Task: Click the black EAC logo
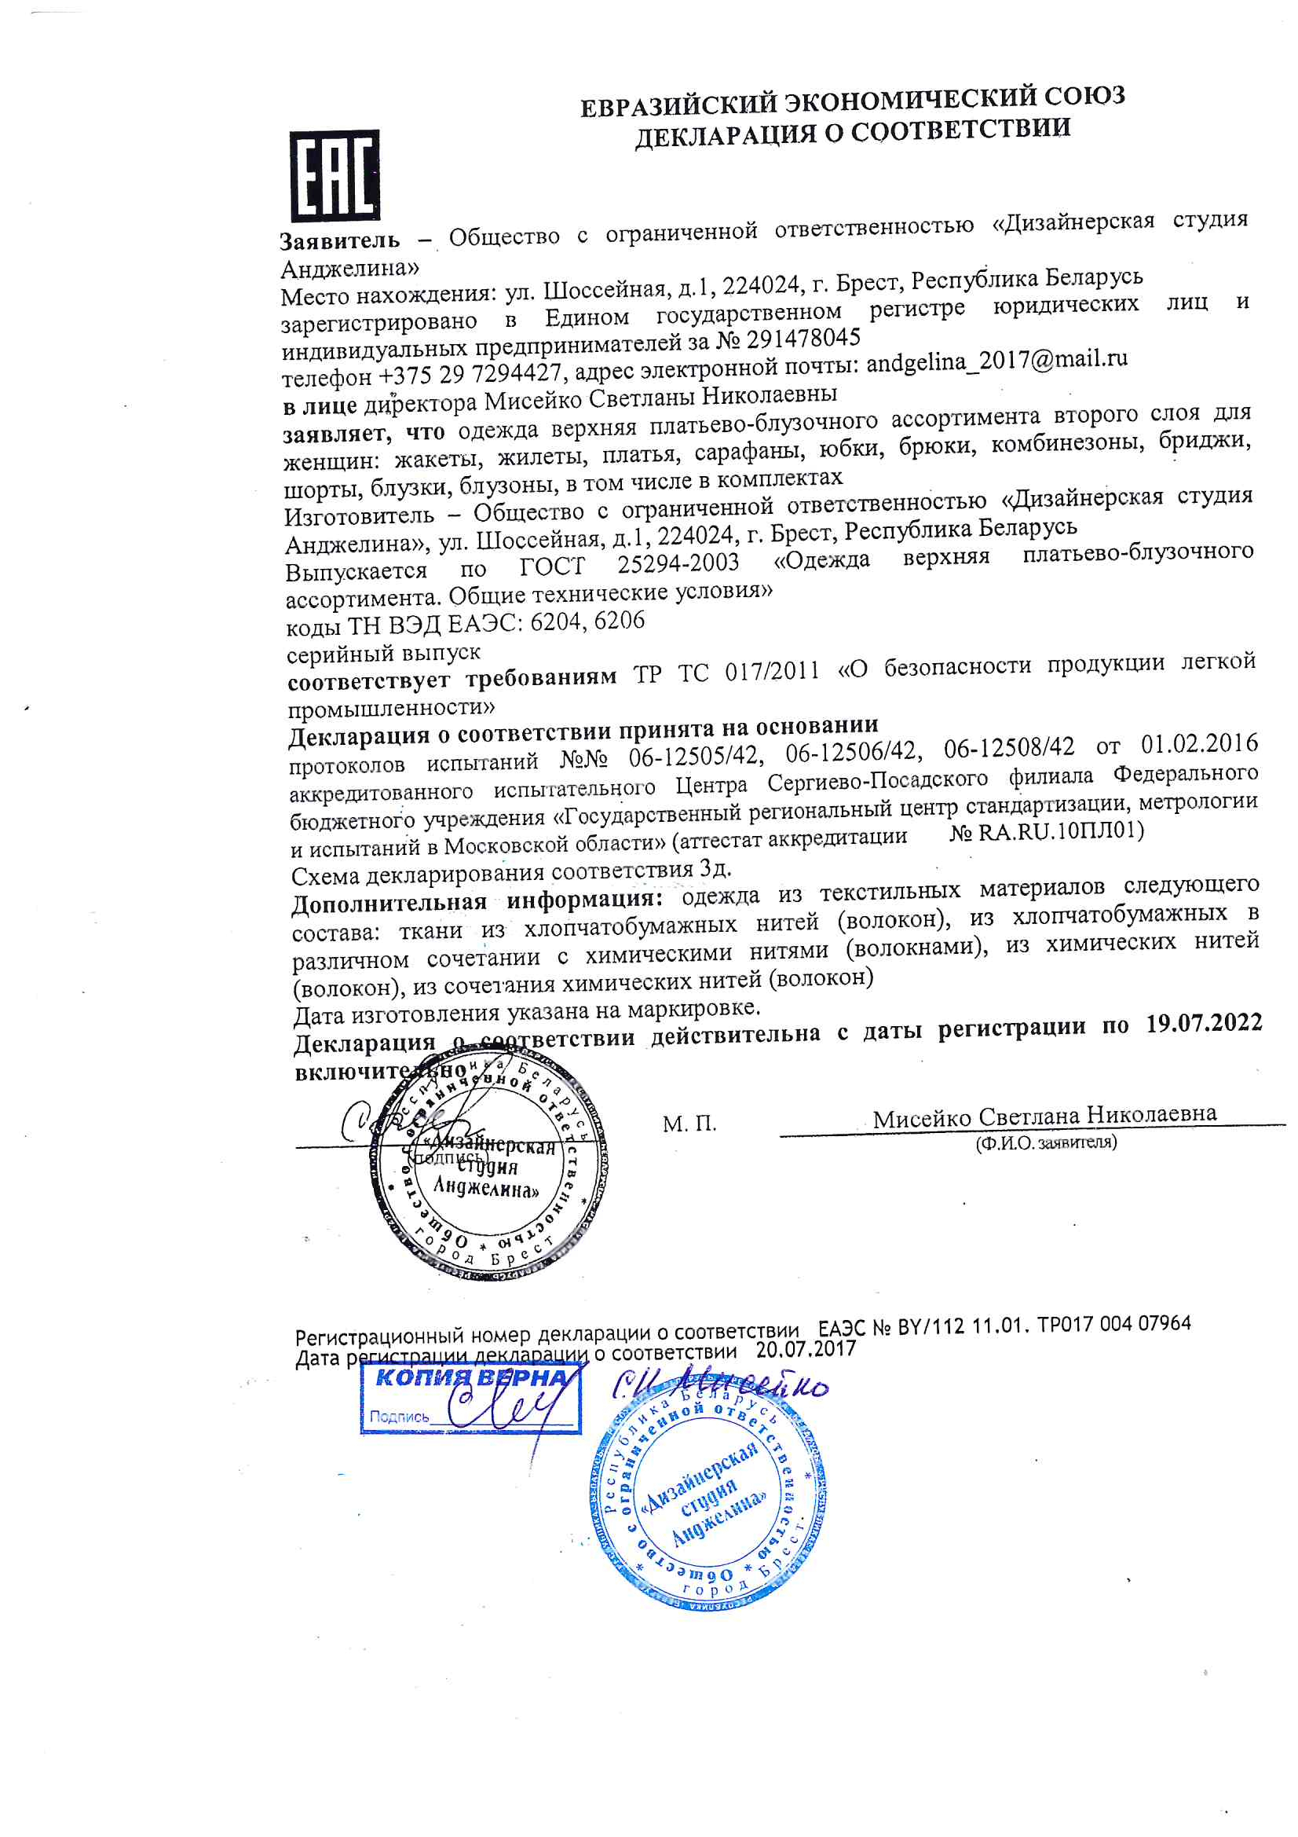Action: (335, 175)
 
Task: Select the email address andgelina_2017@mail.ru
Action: (996, 361)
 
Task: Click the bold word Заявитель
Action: (340, 240)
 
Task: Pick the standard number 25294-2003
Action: (678, 564)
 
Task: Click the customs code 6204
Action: (555, 622)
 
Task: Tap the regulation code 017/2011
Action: (772, 670)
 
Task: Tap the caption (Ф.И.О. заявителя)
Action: (1045, 1142)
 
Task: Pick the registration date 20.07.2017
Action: (806, 1350)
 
